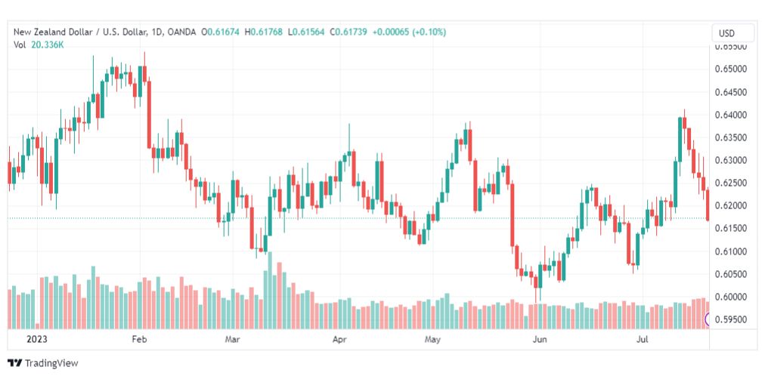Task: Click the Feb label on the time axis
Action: tap(140, 339)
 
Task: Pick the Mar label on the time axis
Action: tap(232, 339)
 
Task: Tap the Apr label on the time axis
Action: tap(339, 339)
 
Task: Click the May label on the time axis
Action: tap(432, 339)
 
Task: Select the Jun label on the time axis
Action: tap(540, 339)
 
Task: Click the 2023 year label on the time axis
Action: tap(37, 339)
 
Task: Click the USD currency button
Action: tap(726, 34)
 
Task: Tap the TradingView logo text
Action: tap(51, 363)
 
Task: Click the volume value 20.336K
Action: tap(51, 45)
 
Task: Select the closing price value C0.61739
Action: tap(348, 32)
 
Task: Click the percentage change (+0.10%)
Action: tap(429, 32)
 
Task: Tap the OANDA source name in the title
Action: tap(181, 32)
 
